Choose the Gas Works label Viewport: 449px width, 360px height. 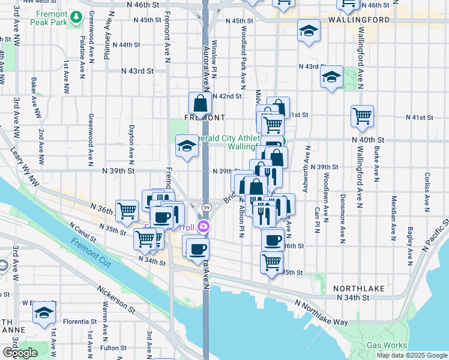pos(386,345)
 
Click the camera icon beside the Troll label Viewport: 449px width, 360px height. pos(204,226)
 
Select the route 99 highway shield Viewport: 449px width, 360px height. pos(206,206)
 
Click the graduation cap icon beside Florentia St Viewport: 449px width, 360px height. pos(44,313)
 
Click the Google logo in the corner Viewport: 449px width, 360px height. pos(20,353)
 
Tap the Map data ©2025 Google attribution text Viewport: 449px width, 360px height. pos(412,355)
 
